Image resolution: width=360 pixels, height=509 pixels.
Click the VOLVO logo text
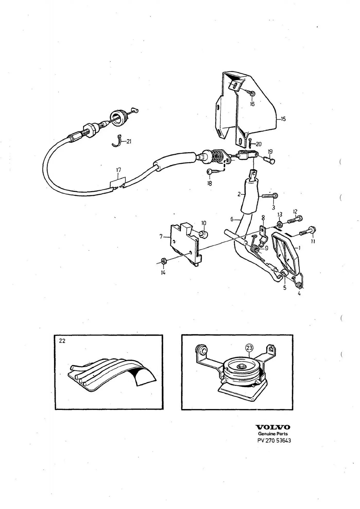click(273, 427)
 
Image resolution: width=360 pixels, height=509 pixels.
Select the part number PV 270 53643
click(274, 440)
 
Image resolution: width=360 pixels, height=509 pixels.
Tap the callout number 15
click(283, 119)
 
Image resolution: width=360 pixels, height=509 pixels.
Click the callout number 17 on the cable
click(118, 170)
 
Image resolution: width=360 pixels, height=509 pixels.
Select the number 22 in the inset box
click(62, 341)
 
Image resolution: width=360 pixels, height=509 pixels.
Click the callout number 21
click(129, 141)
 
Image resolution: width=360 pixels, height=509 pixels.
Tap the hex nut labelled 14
click(163, 262)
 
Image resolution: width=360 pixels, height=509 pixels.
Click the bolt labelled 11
click(308, 231)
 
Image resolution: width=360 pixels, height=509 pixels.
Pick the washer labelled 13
click(280, 224)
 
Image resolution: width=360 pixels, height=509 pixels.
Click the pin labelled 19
click(269, 161)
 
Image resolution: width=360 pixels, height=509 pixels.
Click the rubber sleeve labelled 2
click(249, 197)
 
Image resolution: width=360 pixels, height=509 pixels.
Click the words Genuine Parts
click(273, 434)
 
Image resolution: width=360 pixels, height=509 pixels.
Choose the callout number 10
click(204, 223)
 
